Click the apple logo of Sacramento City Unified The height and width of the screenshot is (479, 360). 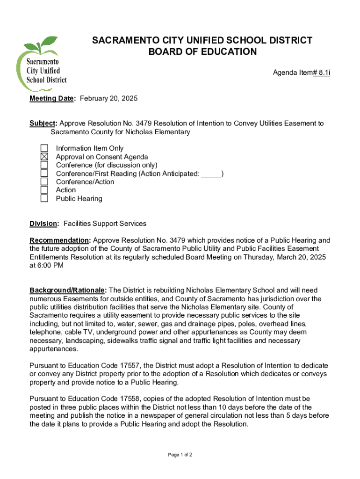tap(42, 66)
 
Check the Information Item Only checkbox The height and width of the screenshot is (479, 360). tap(44, 148)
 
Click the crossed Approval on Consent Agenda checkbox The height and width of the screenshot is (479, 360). tap(44, 157)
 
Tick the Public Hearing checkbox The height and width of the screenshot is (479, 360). tap(44, 198)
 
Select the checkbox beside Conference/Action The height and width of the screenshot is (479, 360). tap(44, 181)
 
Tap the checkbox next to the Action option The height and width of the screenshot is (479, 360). tap(44, 190)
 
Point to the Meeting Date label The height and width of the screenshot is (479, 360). tap(51, 98)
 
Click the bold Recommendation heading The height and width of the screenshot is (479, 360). tap(58, 240)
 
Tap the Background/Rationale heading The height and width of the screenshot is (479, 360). tap(68, 290)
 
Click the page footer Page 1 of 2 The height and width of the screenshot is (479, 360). tap(180, 455)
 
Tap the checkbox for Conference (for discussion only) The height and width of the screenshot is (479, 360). tap(44, 165)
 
